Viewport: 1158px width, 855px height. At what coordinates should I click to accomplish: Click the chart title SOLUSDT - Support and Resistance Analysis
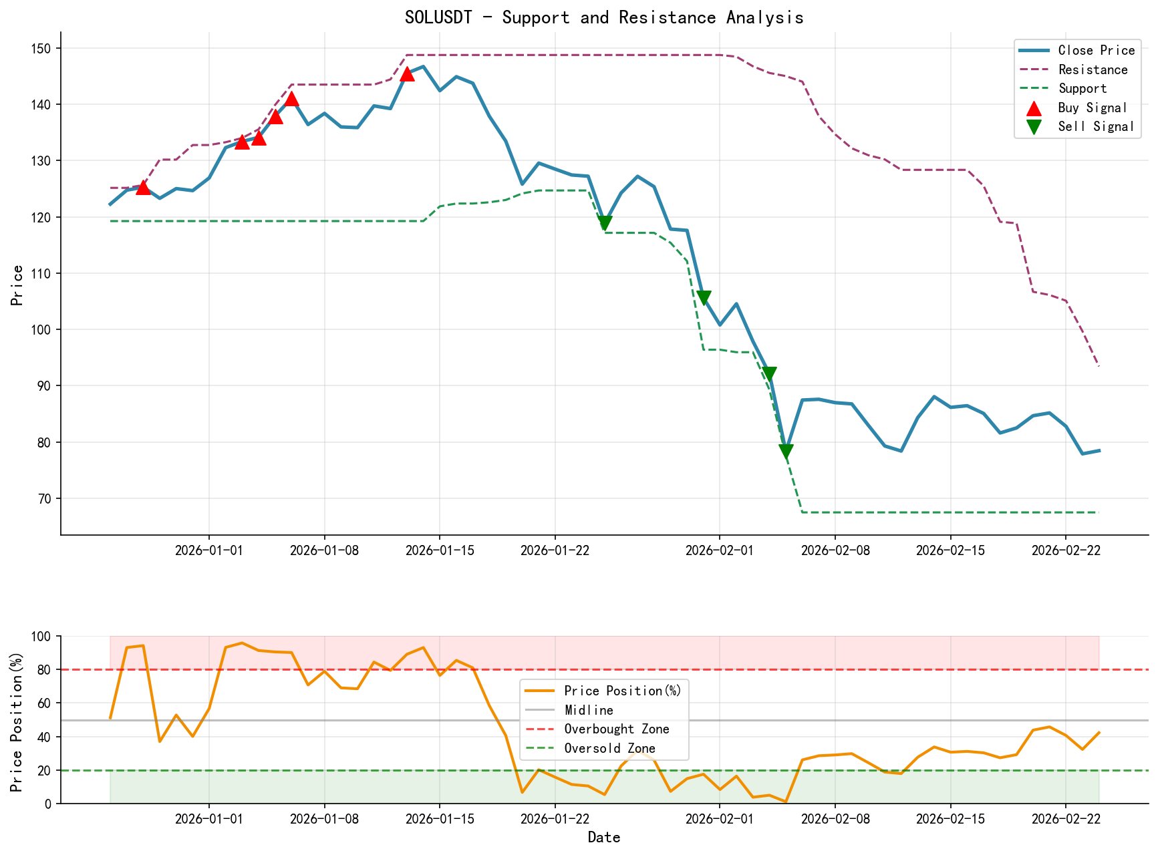[x=603, y=17]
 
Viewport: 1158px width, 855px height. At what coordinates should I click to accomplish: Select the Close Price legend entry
[x=1096, y=51]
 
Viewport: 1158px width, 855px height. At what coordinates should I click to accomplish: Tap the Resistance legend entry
[x=1093, y=69]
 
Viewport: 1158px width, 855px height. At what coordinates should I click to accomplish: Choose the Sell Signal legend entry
[x=1096, y=127]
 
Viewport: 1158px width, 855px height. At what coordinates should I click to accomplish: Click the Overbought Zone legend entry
[x=616, y=729]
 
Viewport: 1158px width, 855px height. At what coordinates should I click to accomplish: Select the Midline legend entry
[x=589, y=710]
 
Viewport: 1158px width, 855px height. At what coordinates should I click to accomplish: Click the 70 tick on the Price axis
[x=47, y=499]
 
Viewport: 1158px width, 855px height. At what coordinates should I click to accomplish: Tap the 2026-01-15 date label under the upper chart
[x=439, y=550]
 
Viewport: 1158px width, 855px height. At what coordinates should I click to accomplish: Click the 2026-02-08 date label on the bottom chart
[x=835, y=820]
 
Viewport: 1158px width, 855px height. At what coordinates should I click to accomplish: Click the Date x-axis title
[x=603, y=838]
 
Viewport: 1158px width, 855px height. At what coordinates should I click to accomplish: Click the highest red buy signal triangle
[x=407, y=73]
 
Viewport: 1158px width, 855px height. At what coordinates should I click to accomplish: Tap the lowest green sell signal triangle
[x=786, y=452]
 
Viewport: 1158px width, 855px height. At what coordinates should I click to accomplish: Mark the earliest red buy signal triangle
[x=143, y=187]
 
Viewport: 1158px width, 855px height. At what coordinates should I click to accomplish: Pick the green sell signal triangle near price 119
[x=605, y=224]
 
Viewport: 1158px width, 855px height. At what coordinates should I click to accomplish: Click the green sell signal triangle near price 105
[x=704, y=298]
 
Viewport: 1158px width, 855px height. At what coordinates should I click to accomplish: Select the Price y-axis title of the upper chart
[x=17, y=285]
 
